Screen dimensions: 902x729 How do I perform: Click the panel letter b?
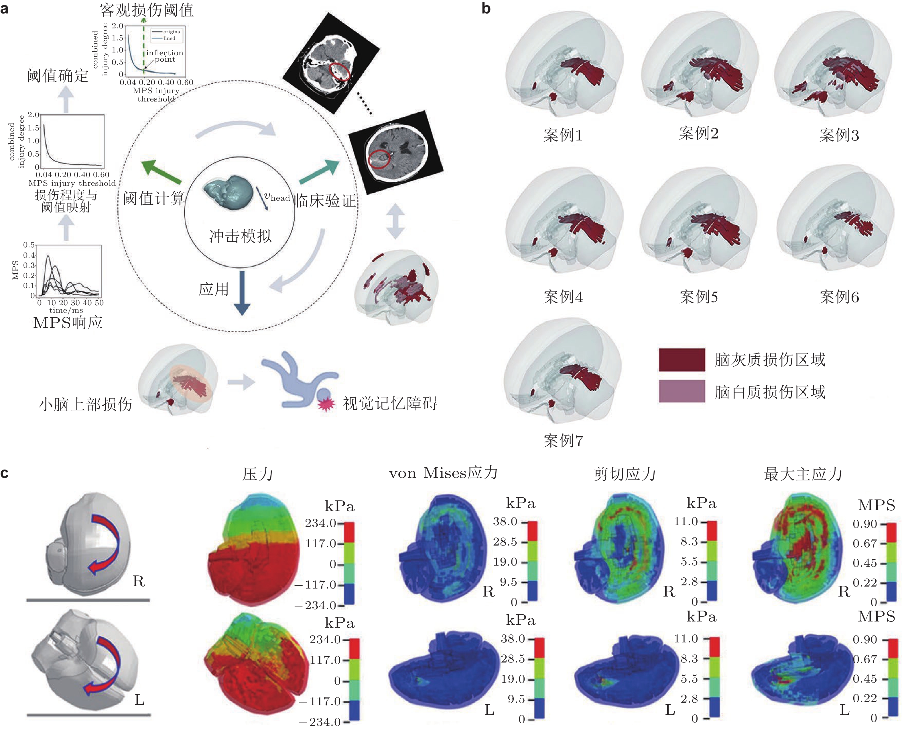(x=486, y=8)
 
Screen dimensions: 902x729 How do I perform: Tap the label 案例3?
(x=839, y=135)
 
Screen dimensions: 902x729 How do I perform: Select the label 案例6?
(x=839, y=297)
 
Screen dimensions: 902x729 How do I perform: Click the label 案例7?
(x=563, y=441)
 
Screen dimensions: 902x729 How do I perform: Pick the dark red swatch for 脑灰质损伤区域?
(x=682, y=360)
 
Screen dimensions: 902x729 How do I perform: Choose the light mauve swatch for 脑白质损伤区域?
(x=682, y=391)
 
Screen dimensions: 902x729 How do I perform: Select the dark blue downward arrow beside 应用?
(x=242, y=293)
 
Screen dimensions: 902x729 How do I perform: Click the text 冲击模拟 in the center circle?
(x=241, y=236)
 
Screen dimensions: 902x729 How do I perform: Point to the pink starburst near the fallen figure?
(x=326, y=404)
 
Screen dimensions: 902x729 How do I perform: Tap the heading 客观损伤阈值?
(x=146, y=10)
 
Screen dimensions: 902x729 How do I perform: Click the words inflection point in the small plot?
(x=164, y=56)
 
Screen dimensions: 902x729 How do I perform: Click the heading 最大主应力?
(x=803, y=474)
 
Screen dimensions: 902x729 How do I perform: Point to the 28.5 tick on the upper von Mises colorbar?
(x=505, y=542)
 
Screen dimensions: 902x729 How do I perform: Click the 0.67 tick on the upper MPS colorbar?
(x=865, y=544)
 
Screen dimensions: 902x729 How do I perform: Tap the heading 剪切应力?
(x=625, y=474)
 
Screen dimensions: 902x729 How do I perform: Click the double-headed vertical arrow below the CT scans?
(x=395, y=221)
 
